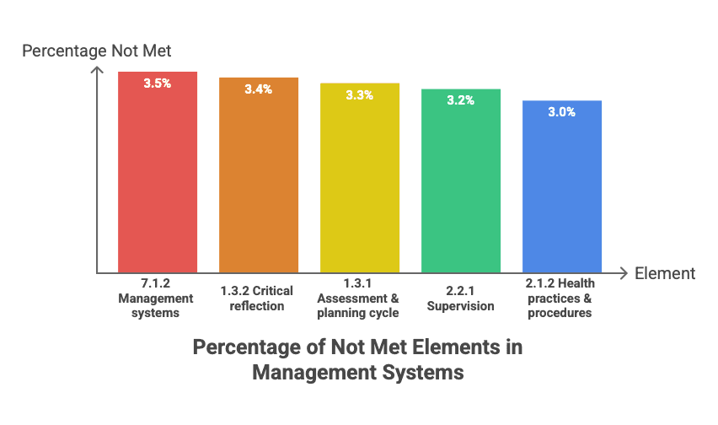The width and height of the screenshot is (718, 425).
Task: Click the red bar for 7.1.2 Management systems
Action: (158, 172)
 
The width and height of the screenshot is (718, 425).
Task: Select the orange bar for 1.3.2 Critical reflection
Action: (259, 175)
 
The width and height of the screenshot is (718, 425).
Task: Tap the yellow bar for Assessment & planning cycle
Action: (360, 178)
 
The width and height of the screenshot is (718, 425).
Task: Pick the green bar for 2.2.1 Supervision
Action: (461, 181)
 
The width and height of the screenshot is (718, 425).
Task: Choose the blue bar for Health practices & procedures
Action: (562, 187)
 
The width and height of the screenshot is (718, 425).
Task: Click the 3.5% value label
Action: (158, 83)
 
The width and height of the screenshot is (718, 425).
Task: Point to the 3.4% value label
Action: (258, 89)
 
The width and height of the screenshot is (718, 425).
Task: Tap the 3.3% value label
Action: (360, 95)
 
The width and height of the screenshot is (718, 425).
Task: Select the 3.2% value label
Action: (461, 100)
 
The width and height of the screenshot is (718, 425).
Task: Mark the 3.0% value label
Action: (562, 112)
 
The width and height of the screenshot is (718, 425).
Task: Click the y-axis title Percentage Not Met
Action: (97, 51)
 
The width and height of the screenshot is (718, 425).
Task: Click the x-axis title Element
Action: (665, 273)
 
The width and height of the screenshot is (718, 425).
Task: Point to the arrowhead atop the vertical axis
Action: (97, 67)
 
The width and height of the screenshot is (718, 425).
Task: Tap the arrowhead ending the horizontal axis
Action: (626, 273)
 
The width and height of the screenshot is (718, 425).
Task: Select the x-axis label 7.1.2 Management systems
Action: (156, 299)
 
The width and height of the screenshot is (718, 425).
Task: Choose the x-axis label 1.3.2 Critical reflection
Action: (257, 299)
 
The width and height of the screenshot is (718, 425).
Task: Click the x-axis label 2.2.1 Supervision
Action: (461, 299)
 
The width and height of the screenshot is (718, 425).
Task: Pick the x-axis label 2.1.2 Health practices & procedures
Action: (560, 299)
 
